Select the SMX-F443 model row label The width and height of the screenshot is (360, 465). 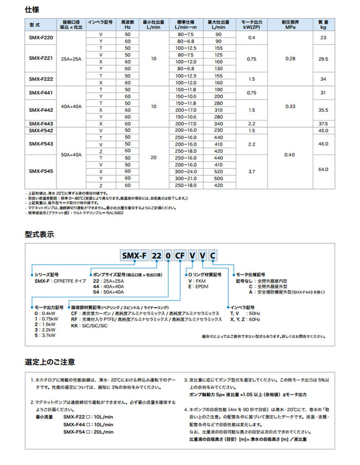40,123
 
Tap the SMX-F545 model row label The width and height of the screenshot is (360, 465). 40,172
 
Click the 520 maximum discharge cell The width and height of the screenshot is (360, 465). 218,172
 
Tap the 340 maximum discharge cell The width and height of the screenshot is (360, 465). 218,123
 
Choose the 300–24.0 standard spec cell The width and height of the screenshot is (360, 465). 184,172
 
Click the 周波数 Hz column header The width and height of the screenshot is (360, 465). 128,25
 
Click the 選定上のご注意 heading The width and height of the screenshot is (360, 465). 49,362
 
